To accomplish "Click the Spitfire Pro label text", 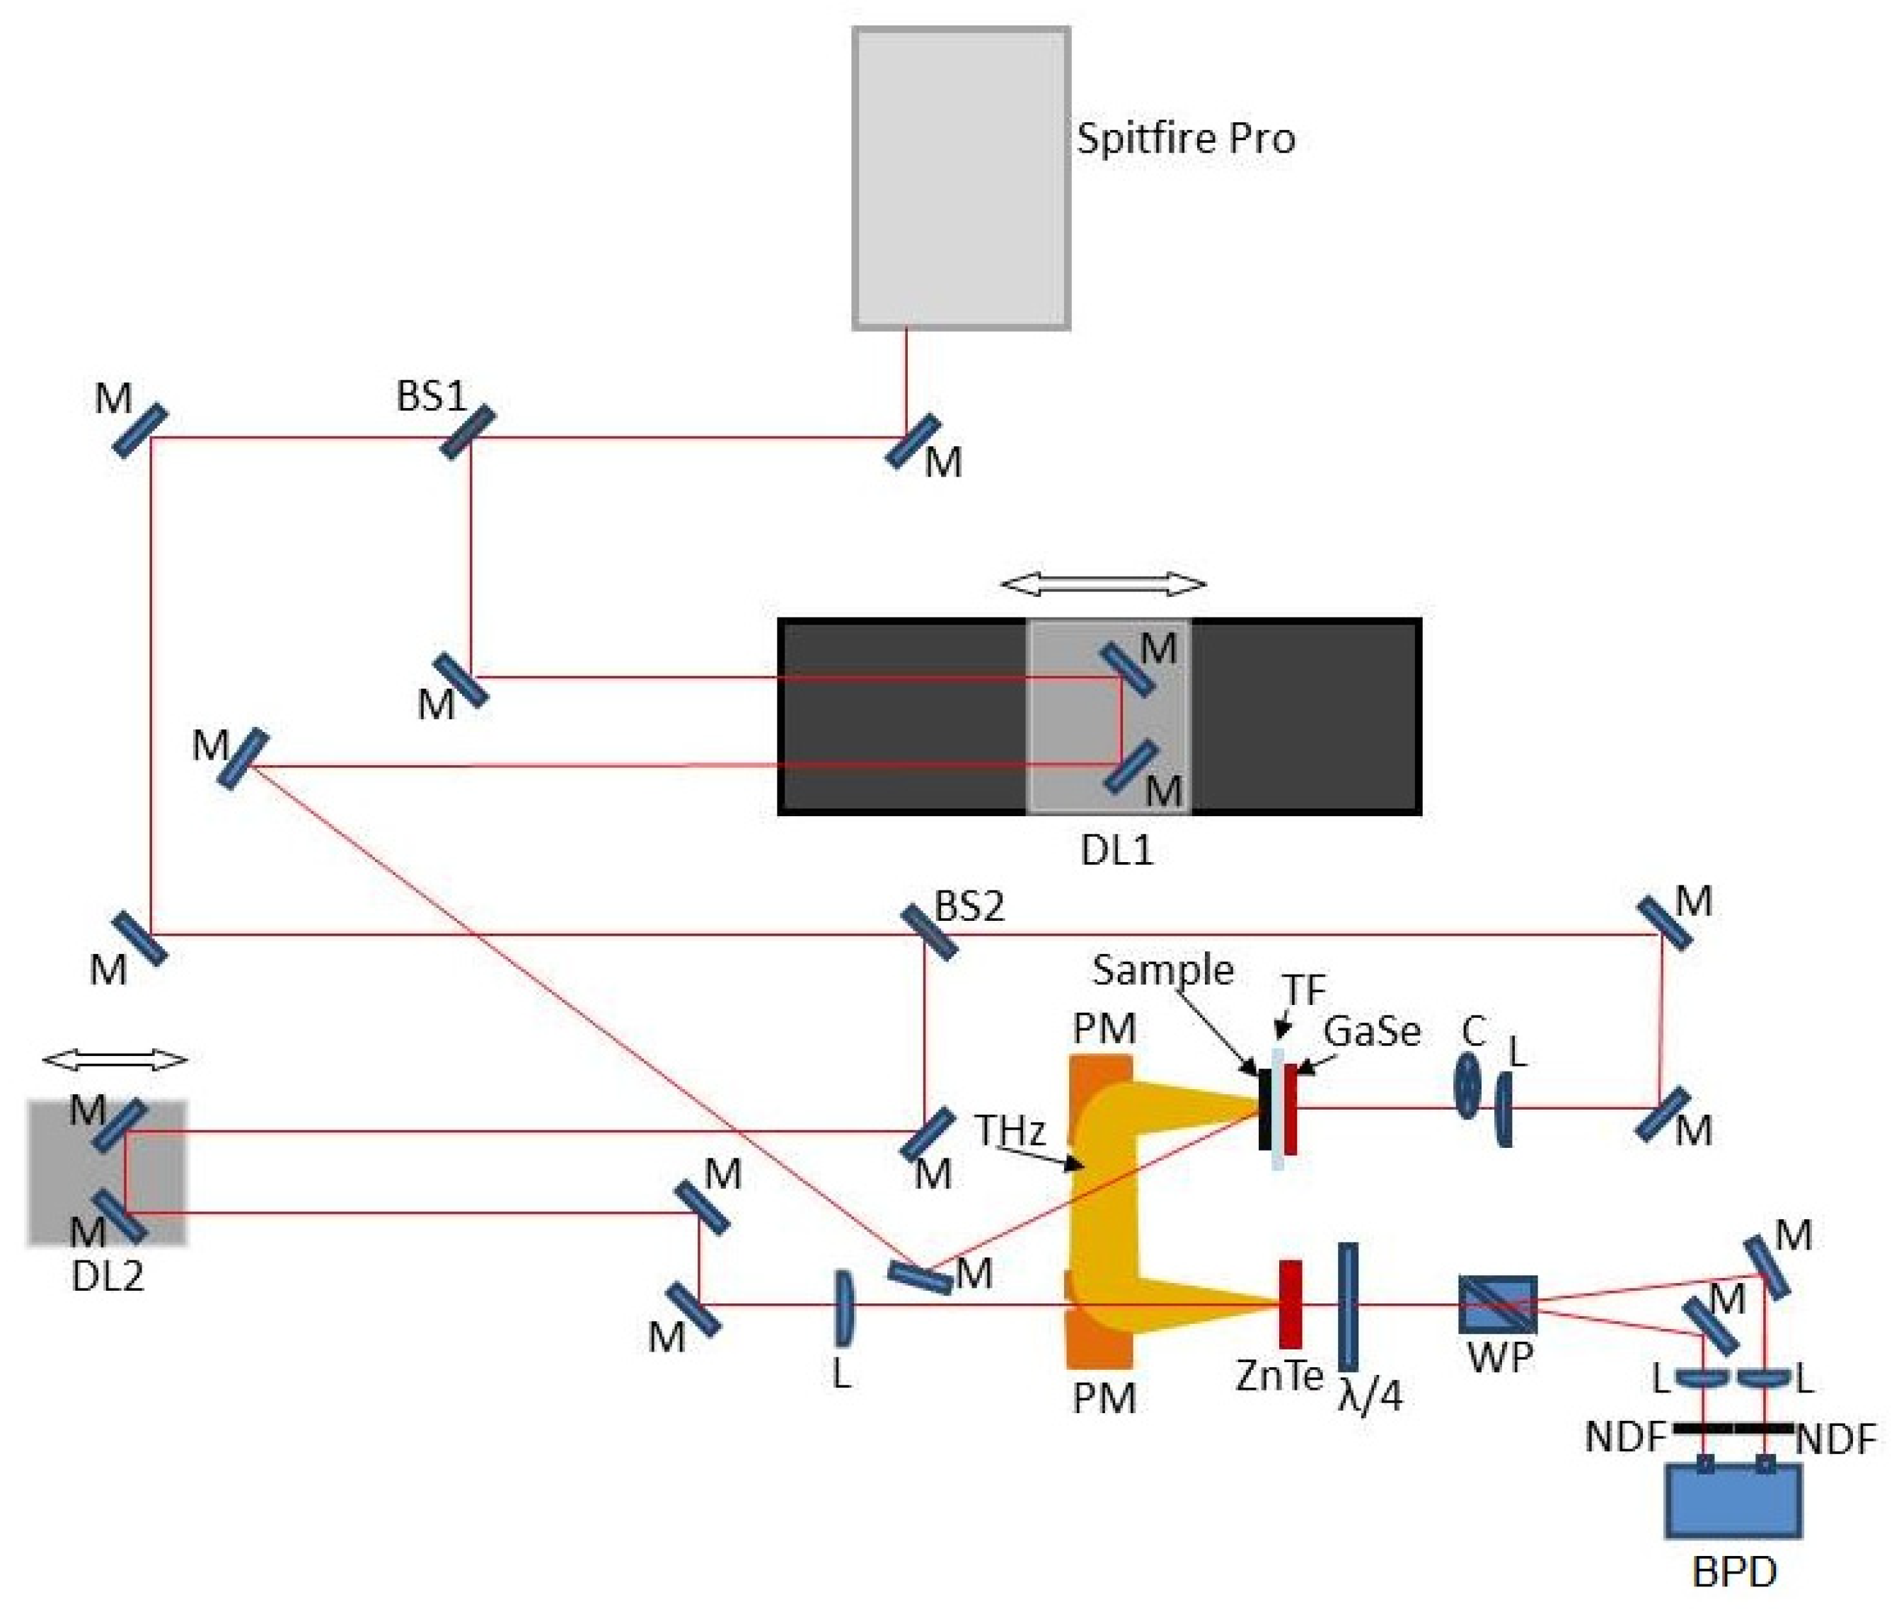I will click(x=1184, y=139).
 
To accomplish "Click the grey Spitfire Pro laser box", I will click(x=960, y=178).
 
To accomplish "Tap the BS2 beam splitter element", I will click(x=929, y=932).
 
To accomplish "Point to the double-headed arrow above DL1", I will click(x=1102, y=583).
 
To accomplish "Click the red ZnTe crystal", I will click(x=1289, y=1304).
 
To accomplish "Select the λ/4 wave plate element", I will click(x=1347, y=1306).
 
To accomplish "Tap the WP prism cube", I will click(x=1498, y=1304).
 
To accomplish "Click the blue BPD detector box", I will click(x=1733, y=1501).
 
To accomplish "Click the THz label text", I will click(x=1009, y=1130).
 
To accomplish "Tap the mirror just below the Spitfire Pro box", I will click(x=913, y=441).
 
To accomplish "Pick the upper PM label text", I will click(x=1103, y=1029).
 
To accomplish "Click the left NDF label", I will click(x=1625, y=1438).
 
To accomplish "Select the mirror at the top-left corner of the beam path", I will click(x=139, y=431).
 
